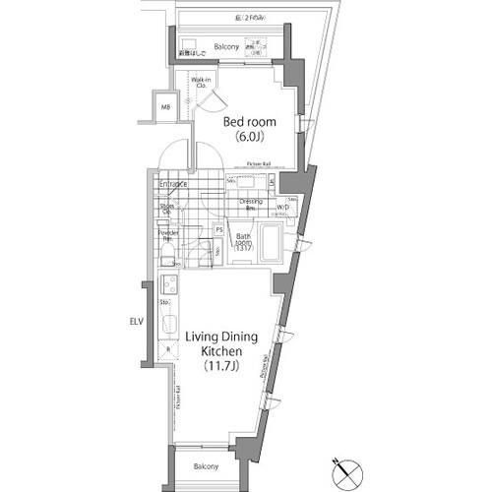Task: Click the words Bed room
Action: (249, 122)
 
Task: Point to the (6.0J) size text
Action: (250, 138)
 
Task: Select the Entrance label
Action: (172, 184)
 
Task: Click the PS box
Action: (219, 229)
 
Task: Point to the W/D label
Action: (282, 208)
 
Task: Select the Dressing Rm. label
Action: (250, 205)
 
